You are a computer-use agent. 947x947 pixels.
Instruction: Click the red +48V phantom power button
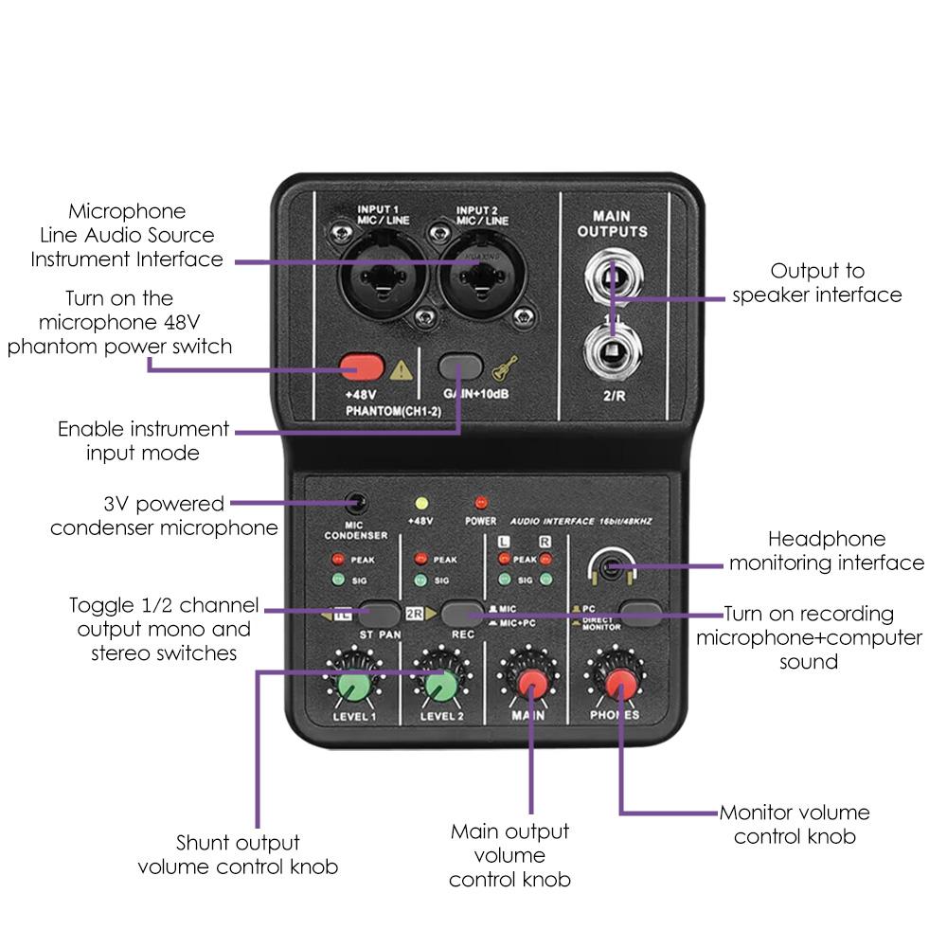pos(363,366)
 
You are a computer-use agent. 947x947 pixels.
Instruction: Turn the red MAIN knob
pos(530,684)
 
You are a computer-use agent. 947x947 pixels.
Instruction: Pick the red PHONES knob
pos(620,684)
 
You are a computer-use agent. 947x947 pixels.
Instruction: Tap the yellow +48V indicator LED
pos(421,503)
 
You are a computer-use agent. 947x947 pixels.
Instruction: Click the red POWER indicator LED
pos(481,502)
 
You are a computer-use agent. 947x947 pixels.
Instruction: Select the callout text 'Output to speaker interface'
pos(816,283)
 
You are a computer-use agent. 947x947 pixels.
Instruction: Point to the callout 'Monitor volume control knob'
pos(795,824)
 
